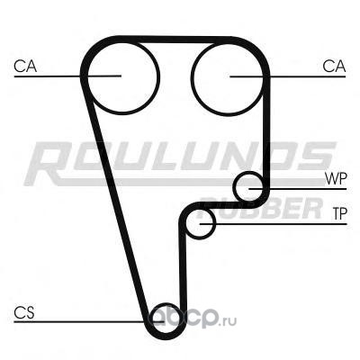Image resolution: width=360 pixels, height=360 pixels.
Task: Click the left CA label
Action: (25, 67)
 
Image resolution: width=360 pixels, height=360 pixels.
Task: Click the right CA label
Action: (334, 67)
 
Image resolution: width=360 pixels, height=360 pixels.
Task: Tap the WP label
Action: (336, 178)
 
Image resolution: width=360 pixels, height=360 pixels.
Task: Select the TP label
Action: (339, 213)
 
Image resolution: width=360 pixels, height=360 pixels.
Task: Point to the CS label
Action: (24, 312)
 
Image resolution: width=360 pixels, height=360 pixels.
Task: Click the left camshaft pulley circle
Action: (157, 76)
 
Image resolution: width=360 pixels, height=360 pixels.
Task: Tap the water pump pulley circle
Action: (234, 187)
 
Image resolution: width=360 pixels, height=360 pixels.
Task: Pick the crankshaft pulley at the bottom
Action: (150, 319)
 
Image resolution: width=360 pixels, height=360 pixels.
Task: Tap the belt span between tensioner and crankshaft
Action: (183, 267)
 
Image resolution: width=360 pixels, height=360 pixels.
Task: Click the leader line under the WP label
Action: (298, 189)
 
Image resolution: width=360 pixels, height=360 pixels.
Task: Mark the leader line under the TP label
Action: (274, 224)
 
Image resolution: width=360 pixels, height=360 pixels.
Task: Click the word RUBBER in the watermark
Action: (261, 208)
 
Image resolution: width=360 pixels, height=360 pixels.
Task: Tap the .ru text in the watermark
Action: (229, 321)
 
